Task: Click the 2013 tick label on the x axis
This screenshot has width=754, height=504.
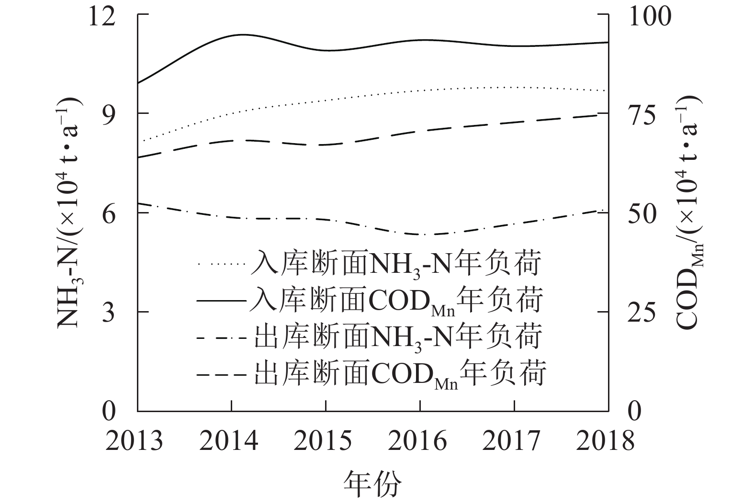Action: (x=135, y=441)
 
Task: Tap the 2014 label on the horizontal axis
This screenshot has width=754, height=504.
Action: (x=229, y=441)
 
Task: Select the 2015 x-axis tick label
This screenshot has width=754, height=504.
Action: (x=323, y=441)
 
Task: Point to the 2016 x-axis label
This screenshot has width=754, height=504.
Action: (x=417, y=441)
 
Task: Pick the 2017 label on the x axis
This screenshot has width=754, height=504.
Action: (x=512, y=441)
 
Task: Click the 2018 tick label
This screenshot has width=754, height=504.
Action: (x=606, y=441)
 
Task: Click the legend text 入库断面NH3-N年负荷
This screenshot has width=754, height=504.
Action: (x=396, y=264)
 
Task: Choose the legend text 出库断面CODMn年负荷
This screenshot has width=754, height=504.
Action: (x=399, y=373)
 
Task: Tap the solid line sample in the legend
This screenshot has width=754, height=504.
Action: (x=222, y=301)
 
